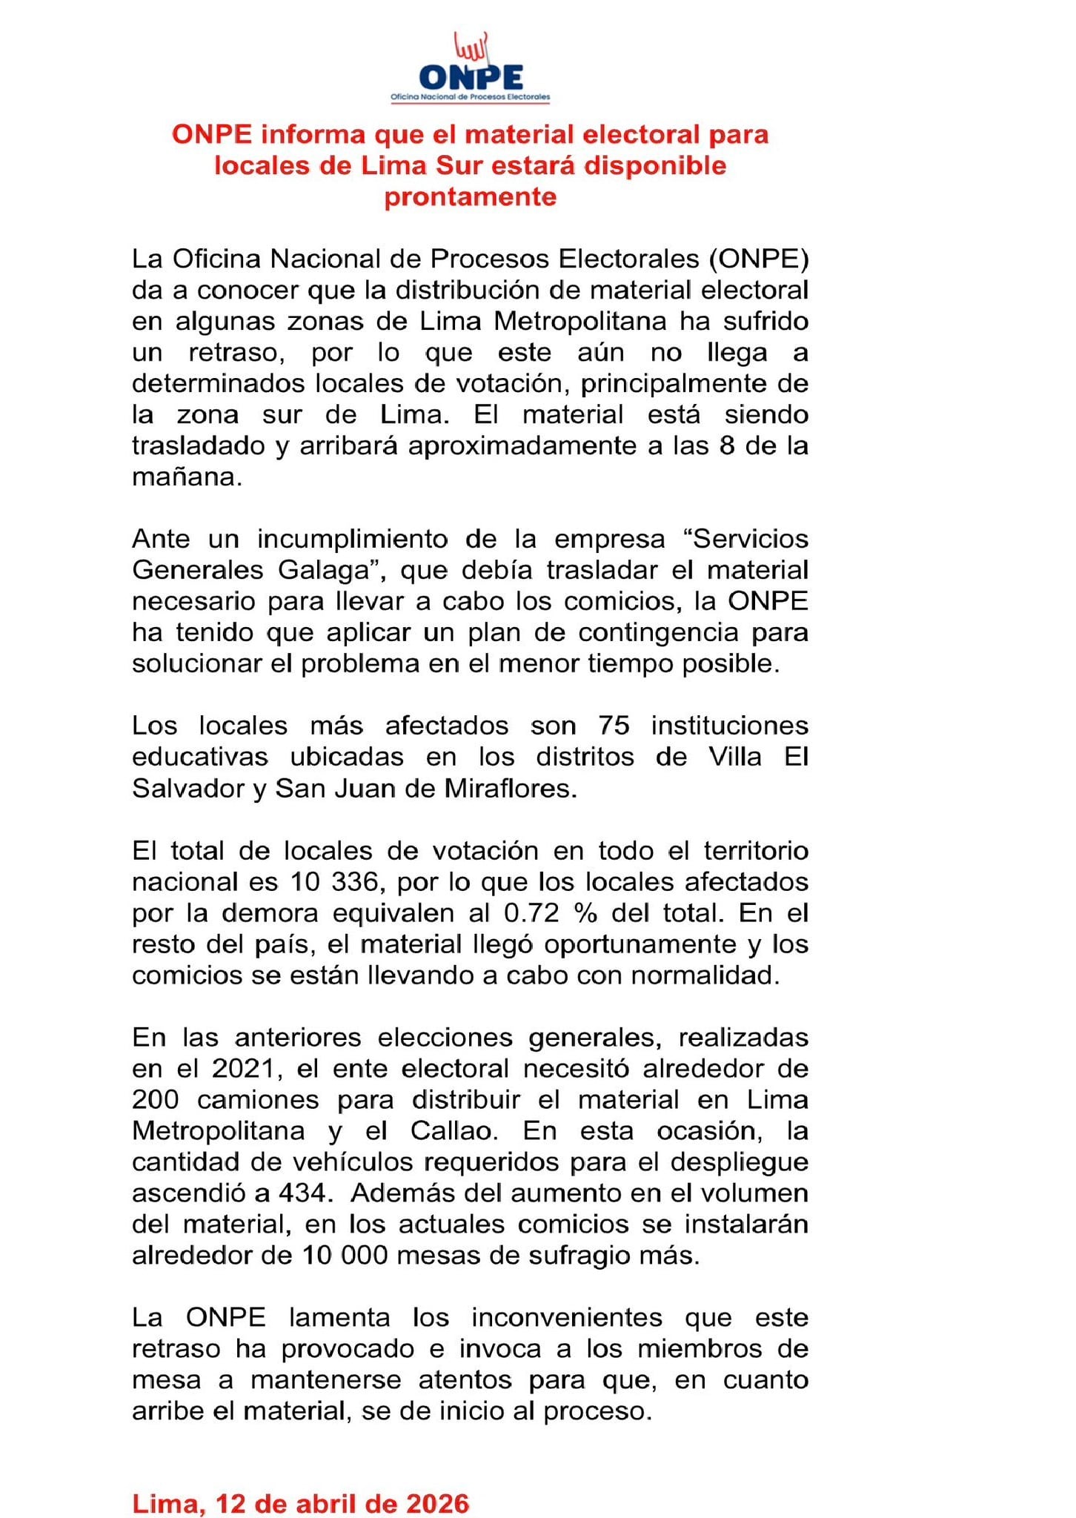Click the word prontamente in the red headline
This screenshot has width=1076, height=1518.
470,196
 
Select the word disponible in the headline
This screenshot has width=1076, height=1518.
655,165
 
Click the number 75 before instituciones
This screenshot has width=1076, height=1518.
614,725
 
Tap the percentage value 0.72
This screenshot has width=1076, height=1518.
531,913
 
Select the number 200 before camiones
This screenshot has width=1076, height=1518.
155,1100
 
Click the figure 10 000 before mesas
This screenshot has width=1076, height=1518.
345,1256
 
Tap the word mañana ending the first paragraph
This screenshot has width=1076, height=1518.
186,477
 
